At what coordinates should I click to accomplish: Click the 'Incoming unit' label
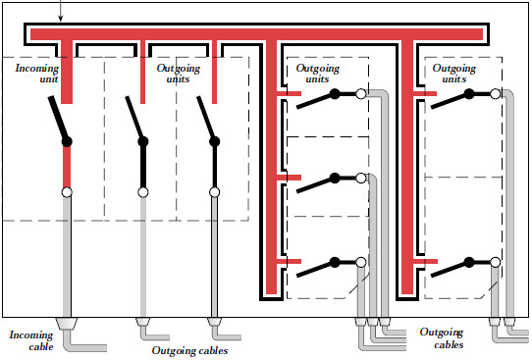click(x=37, y=75)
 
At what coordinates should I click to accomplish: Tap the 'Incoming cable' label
click(x=30, y=339)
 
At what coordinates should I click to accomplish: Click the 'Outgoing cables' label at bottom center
click(x=190, y=350)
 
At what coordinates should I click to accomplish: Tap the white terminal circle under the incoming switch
click(x=68, y=192)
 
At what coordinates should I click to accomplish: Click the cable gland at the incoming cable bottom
click(x=68, y=324)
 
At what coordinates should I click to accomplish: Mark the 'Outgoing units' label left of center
click(x=179, y=75)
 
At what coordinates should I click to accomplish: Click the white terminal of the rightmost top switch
click(x=497, y=94)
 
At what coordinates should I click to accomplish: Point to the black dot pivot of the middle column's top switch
click(x=335, y=95)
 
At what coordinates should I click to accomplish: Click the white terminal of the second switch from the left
click(x=143, y=192)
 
